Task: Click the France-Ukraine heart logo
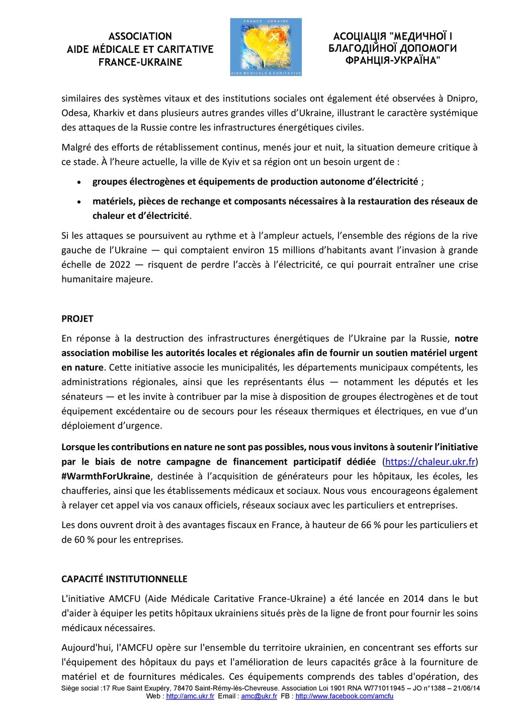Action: (x=266, y=47)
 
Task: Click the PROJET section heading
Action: (x=77, y=319)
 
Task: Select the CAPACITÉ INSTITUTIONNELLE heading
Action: (x=124, y=579)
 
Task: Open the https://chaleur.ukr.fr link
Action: (x=431, y=461)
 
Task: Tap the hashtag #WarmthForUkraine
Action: (x=106, y=476)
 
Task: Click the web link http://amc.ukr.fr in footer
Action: (x=190, y=696)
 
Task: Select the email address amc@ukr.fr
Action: (x=259, y=696)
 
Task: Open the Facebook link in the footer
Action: (x=344, y=696)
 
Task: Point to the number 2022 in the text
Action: (x=114, y=264)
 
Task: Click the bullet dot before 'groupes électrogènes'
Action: (x=79, y=182)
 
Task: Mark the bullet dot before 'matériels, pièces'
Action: (x=79, y=202)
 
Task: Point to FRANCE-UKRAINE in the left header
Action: (x=140, y=62)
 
